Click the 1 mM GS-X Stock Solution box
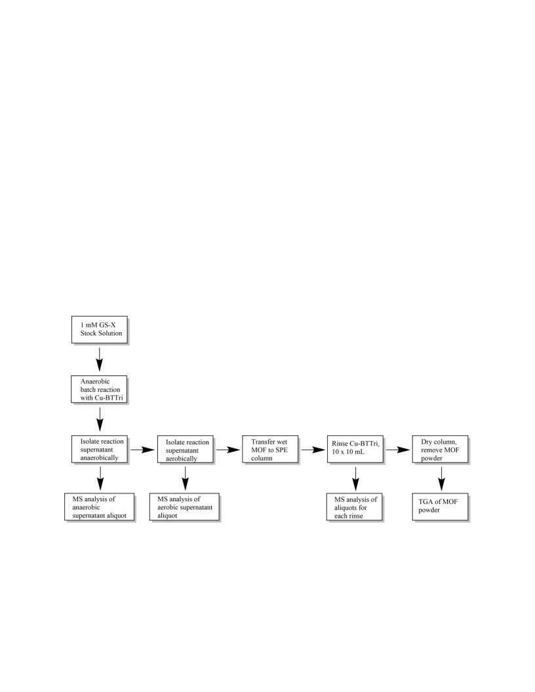(100, 330)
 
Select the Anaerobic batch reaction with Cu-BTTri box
(99, 389)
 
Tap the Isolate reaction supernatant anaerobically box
(100, 450)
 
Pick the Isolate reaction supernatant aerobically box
(186, 450)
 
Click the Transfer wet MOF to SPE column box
(271, 450)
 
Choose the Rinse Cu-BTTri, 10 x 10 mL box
(355, 450)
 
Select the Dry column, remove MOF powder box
(441, 450)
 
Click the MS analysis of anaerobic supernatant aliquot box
(99, 507)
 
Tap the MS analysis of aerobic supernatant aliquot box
(184, 507)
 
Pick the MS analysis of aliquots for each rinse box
(355, 507)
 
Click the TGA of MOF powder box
(441, 507)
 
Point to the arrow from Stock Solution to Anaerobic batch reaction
(100, 359)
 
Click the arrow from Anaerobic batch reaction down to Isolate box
(100, 419)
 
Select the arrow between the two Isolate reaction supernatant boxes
(142, 450)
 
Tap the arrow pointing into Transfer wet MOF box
(228, 450)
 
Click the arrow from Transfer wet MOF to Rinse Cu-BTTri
(313, 450)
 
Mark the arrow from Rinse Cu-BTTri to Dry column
(398, 450)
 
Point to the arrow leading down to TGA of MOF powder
(441, 478)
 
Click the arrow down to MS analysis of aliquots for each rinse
(356, 478)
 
